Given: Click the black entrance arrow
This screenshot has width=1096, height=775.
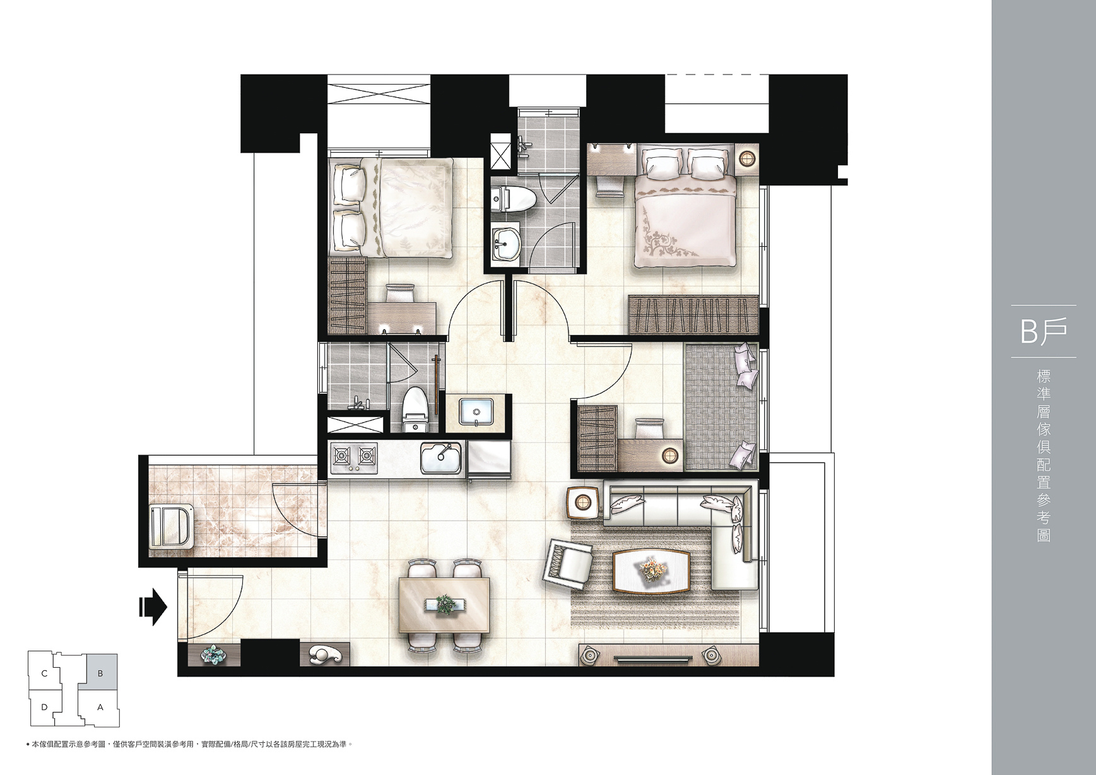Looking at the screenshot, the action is (x=153, y=607).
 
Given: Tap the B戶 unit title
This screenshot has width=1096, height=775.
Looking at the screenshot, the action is (x=1044, y=331).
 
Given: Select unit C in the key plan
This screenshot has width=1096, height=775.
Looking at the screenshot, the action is (x=44, y=673).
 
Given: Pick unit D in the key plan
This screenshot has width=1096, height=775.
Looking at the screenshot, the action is (x=44, y=707).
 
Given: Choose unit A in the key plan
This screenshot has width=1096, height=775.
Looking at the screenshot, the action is (x=100, y=707).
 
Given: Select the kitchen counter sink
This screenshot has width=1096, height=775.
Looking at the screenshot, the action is (x=441, y=458).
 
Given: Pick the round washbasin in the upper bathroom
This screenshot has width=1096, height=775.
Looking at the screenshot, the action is (x=506, y=242).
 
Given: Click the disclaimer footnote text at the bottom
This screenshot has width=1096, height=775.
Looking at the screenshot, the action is (x=187, y=745).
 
